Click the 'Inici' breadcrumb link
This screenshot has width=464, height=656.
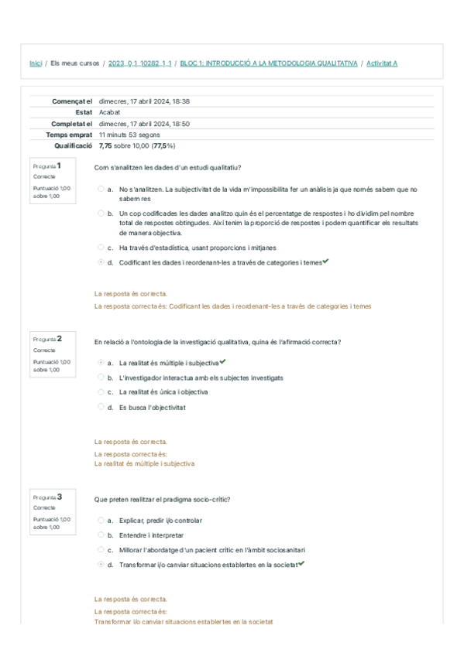pyautogui.click(x=35, y=63)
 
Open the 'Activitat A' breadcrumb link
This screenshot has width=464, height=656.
pyautogui.click(x=382, y=63)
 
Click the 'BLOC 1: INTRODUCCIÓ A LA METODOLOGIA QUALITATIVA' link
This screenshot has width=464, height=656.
pyautogui.click(x=268, y=63)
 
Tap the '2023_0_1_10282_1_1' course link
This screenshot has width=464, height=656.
pyautogui.click(x=140, y=63)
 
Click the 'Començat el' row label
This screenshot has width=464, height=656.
pyautogui.click(x=72, y=101)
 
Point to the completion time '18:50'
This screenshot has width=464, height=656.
pyautogui.click(x=181, y=123)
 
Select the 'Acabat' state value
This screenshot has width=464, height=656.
pyautogui.click(x=110, y=112)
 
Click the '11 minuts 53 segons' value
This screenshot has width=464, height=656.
pyautogui.click(x=129, y=134)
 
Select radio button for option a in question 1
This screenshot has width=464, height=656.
pyautogui.click(x=101, y=189)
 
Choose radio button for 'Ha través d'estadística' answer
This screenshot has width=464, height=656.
pyautogui.click(x=101, y=248)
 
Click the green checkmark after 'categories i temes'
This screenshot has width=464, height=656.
pyautogui.click(x=326, y=261)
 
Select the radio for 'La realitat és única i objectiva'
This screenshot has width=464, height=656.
pyautogui.click(x=101, y=391)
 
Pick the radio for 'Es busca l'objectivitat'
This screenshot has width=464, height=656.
pyautogui.click(x=101, y=406)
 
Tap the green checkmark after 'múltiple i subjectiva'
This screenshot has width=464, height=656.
pyautogui.click(x=223, y=362)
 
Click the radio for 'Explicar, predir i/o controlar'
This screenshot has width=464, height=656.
pyautogui.click(x=101, y=521)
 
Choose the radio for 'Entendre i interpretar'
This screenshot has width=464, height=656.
pyautogui.click(x=101, y=535)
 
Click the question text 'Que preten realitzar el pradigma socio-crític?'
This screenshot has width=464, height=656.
pyautogui.click(x=162, y=499)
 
